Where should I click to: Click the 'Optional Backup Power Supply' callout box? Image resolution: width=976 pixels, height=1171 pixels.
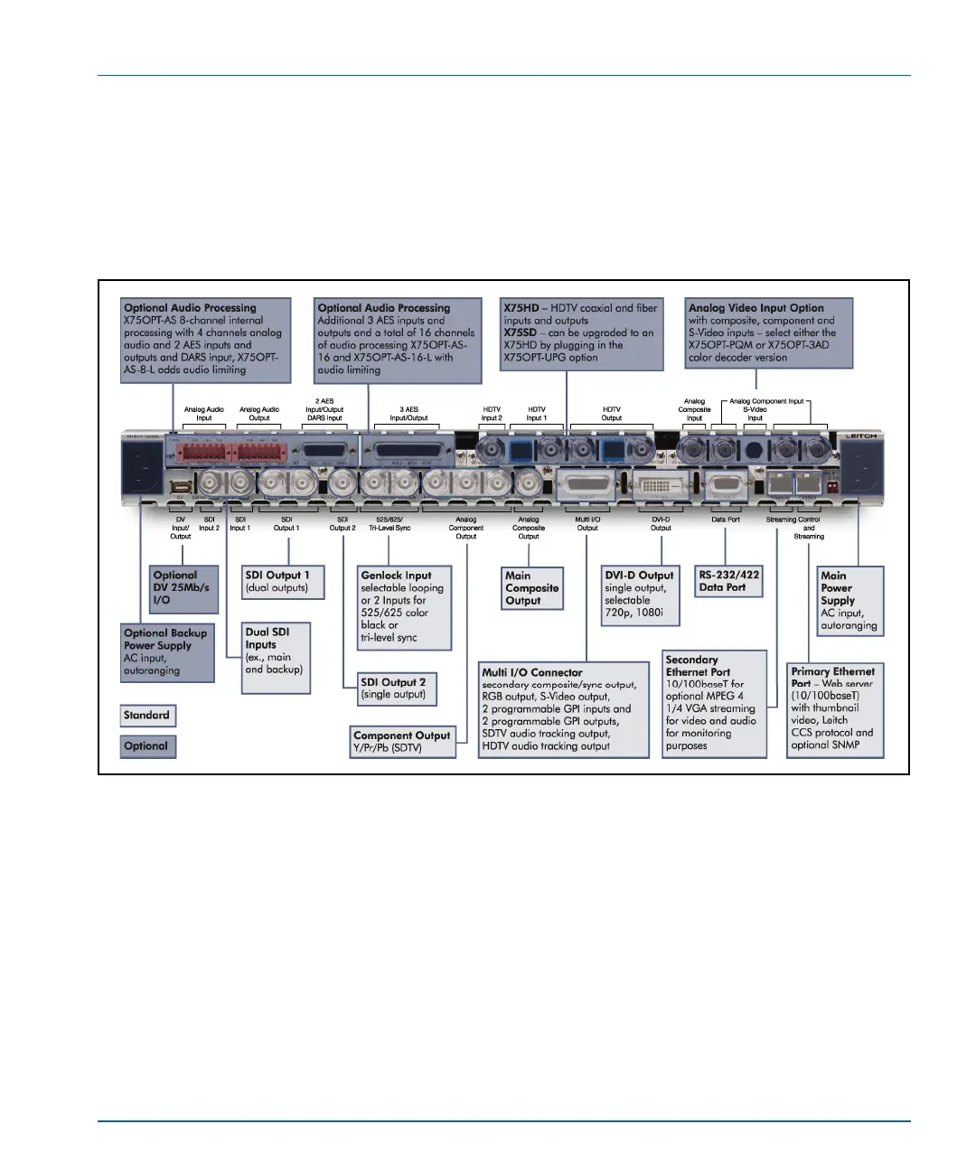coord(167,652)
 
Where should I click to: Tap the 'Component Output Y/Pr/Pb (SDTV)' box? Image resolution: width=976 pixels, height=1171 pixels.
coord(403,741)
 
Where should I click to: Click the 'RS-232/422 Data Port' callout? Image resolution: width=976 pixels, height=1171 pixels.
coord(728,581)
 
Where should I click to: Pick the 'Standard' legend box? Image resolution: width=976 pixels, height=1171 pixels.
coord(147,716)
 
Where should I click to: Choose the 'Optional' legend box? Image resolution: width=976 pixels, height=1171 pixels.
coord(147,746)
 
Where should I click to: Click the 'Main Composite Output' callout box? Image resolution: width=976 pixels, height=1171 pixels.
coord(532,588)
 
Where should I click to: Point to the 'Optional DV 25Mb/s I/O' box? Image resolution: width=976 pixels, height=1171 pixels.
coord(184,588)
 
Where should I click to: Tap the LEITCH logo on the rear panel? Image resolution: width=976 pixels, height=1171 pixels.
coord(860,436)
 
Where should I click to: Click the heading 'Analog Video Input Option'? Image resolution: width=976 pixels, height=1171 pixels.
coord(755,308)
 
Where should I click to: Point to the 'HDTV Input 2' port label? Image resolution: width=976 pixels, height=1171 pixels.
coord(492,414)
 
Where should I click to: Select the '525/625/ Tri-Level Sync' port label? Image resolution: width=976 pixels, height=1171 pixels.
coord(389,523)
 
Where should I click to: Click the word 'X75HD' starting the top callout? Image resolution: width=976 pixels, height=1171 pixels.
coord(521,308)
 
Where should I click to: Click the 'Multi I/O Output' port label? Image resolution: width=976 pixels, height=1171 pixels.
coord(587,523)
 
